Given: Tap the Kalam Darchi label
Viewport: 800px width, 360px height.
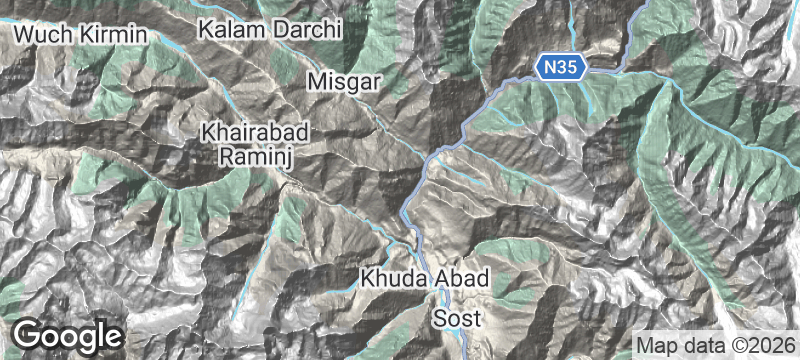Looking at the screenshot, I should click(269, 29).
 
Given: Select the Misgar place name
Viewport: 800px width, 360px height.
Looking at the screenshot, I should click(345, 82).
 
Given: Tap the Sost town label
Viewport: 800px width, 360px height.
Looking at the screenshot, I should click(457, 319).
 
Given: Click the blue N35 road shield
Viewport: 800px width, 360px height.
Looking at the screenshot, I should click(559, 68).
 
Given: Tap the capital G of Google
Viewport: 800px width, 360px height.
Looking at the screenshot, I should click(30, 334).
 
